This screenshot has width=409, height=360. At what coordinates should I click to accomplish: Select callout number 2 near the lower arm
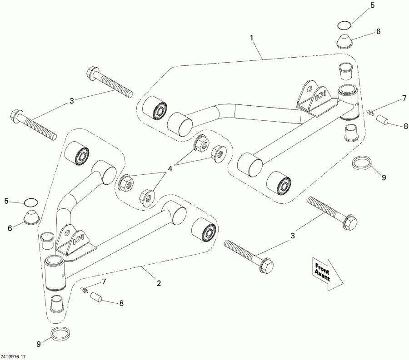159,283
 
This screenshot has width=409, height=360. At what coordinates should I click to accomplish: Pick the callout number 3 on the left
71,101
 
